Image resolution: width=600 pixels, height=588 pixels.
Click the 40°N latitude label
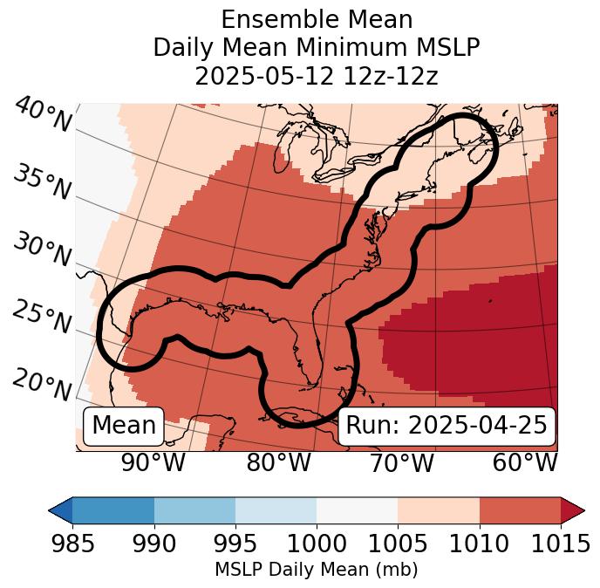point(42,115)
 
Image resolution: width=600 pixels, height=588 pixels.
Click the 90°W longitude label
point(153,463)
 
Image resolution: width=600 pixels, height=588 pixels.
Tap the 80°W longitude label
point(278,463)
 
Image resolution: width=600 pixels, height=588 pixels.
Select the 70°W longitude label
point(401,463)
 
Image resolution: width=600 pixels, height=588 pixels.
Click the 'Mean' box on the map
point(124,426)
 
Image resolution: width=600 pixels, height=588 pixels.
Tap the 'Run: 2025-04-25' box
point(447,426)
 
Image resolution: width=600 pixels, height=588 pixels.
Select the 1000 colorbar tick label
point(317,544)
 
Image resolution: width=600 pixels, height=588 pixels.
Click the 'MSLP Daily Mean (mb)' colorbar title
point(316,570)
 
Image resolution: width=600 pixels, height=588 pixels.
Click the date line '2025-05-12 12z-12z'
point(316,76)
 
